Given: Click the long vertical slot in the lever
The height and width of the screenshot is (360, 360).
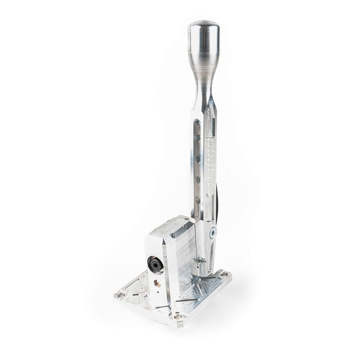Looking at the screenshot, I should click(197, 162).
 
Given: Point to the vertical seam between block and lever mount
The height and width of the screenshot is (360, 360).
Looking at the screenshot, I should click(194, 252).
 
